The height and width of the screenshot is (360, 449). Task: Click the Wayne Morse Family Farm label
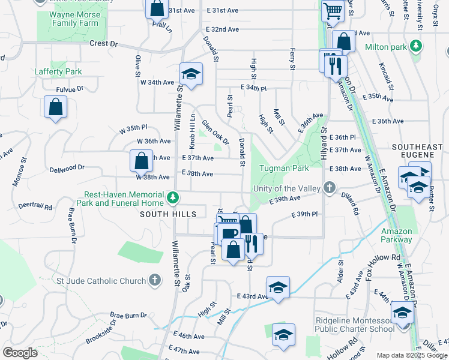[x=66, y=18]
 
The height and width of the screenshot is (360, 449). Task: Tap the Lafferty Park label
[x=58, y=71]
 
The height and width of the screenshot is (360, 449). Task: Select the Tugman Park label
[x=284, y=169]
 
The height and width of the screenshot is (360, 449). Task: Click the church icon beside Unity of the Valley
[x=329, y=188]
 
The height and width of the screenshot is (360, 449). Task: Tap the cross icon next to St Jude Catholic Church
[x=154, y=280]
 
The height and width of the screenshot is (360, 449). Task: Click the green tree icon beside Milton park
[x=415, y=46]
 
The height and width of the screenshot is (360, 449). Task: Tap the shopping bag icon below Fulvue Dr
[x=55, y=107]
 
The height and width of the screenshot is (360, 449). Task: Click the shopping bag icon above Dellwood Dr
[x=141, y=160]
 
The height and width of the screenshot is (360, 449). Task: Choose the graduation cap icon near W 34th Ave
[x=191, y=74]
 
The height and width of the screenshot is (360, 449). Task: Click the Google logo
[x=20, y=353]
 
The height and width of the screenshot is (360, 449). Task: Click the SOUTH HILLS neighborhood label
[x=168, y=214]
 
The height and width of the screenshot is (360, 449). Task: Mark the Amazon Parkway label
[x=396, y=235]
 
